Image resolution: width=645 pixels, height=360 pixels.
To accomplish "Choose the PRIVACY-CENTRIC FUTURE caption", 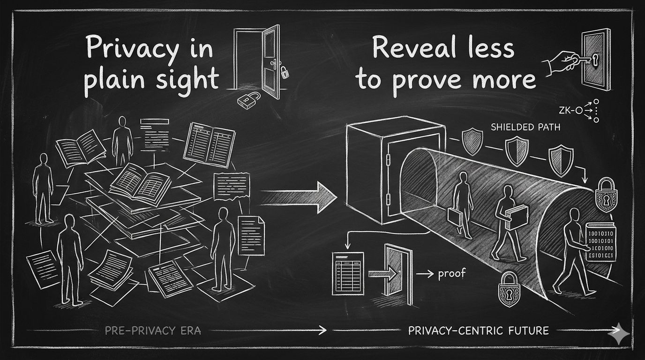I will tap(478, 330).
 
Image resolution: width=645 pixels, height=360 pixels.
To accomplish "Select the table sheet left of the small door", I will tap(347, 271).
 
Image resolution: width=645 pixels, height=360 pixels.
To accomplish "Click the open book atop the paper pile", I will tap(139, 180).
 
